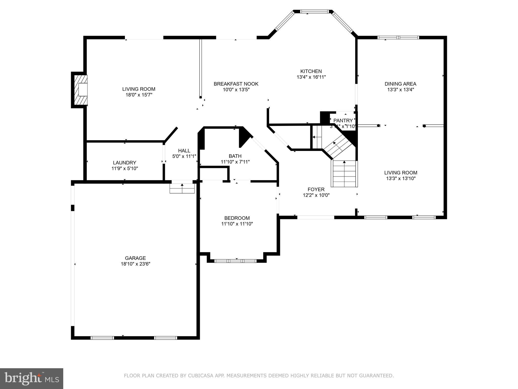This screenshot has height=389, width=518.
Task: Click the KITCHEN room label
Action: click(311, 71)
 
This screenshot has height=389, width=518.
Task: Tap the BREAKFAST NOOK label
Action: click(236, 84)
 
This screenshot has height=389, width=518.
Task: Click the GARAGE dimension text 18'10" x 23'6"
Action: click(135, 264)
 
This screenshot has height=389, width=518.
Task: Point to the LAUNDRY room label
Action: click(124, 163)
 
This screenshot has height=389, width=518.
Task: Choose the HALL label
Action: click(184, 151)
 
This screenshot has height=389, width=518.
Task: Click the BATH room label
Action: click(235, 156)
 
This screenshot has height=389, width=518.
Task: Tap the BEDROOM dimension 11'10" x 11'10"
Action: click(237, 224)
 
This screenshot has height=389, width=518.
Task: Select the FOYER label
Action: click(316, 189)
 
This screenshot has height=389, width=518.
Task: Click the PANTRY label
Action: click(343, 121)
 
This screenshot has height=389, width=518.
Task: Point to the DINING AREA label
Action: click(400, 84)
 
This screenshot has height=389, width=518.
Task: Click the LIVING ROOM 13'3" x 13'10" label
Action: click(401, 173)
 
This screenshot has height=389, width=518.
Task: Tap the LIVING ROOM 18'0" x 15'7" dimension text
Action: click(139, 95)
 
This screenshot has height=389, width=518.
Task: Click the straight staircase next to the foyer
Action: click(344, 174)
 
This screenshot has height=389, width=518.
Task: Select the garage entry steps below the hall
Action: click(182, 189)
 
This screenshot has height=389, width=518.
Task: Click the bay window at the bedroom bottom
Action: click(235, 261)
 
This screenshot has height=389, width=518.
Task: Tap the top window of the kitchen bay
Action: click(314, 11)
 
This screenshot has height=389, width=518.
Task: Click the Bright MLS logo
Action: click(32, 378)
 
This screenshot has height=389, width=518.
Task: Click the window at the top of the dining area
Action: click(398, 37)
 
